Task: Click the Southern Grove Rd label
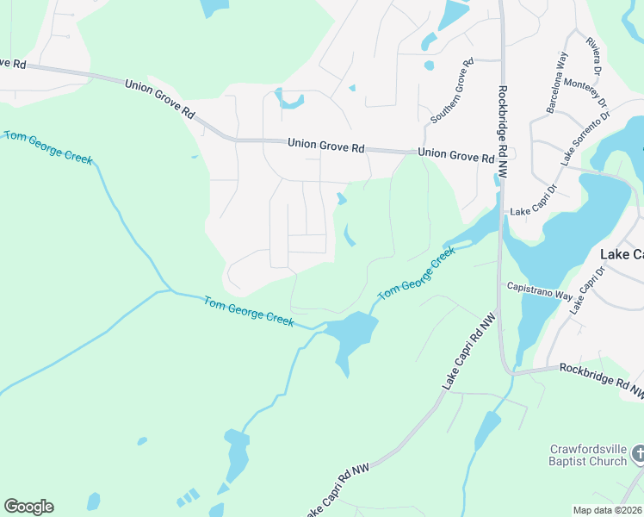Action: (x=453, y=90)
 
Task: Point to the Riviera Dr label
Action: (x=595, y=57)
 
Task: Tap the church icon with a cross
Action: (x=638, y=453)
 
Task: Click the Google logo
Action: (x=28, y=507)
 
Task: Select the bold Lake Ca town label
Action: (x=621, y=255)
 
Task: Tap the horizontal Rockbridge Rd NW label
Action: (x=601, y=379)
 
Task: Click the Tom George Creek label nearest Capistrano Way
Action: (x=416, y=273)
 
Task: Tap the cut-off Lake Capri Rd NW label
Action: (x=335, y=490)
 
